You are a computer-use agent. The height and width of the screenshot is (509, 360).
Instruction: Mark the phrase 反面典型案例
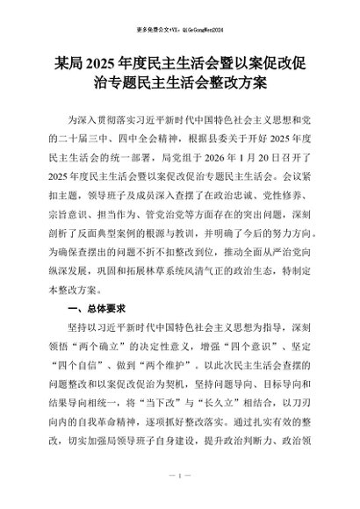132,236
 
